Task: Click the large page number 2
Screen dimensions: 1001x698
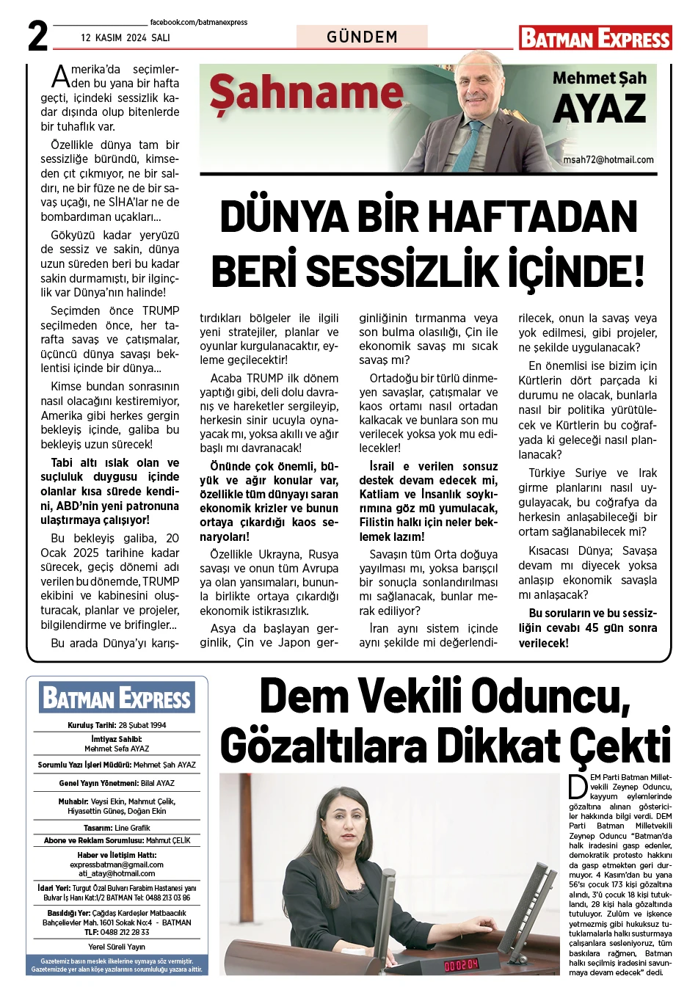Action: point(37,35)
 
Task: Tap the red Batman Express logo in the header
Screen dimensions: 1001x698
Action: point(595,38)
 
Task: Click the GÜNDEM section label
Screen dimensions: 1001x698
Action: point(362,37)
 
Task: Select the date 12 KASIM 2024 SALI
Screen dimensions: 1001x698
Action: point(126,37)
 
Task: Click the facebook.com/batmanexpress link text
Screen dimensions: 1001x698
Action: point(198,23)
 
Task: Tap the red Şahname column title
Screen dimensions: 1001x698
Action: point(306,94)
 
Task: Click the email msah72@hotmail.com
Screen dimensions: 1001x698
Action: point(608,160)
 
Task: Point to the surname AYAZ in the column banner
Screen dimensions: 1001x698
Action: point(599,110)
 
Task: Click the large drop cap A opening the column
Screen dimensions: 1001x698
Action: point(60,76)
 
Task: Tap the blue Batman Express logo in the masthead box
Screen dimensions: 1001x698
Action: point(117,698)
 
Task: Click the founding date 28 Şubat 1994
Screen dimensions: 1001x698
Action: point(142,725)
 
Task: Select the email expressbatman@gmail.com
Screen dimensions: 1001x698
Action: point(117,864)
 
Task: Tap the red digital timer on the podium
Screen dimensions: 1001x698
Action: point(461,964)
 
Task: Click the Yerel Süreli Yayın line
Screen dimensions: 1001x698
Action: point(117,947)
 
